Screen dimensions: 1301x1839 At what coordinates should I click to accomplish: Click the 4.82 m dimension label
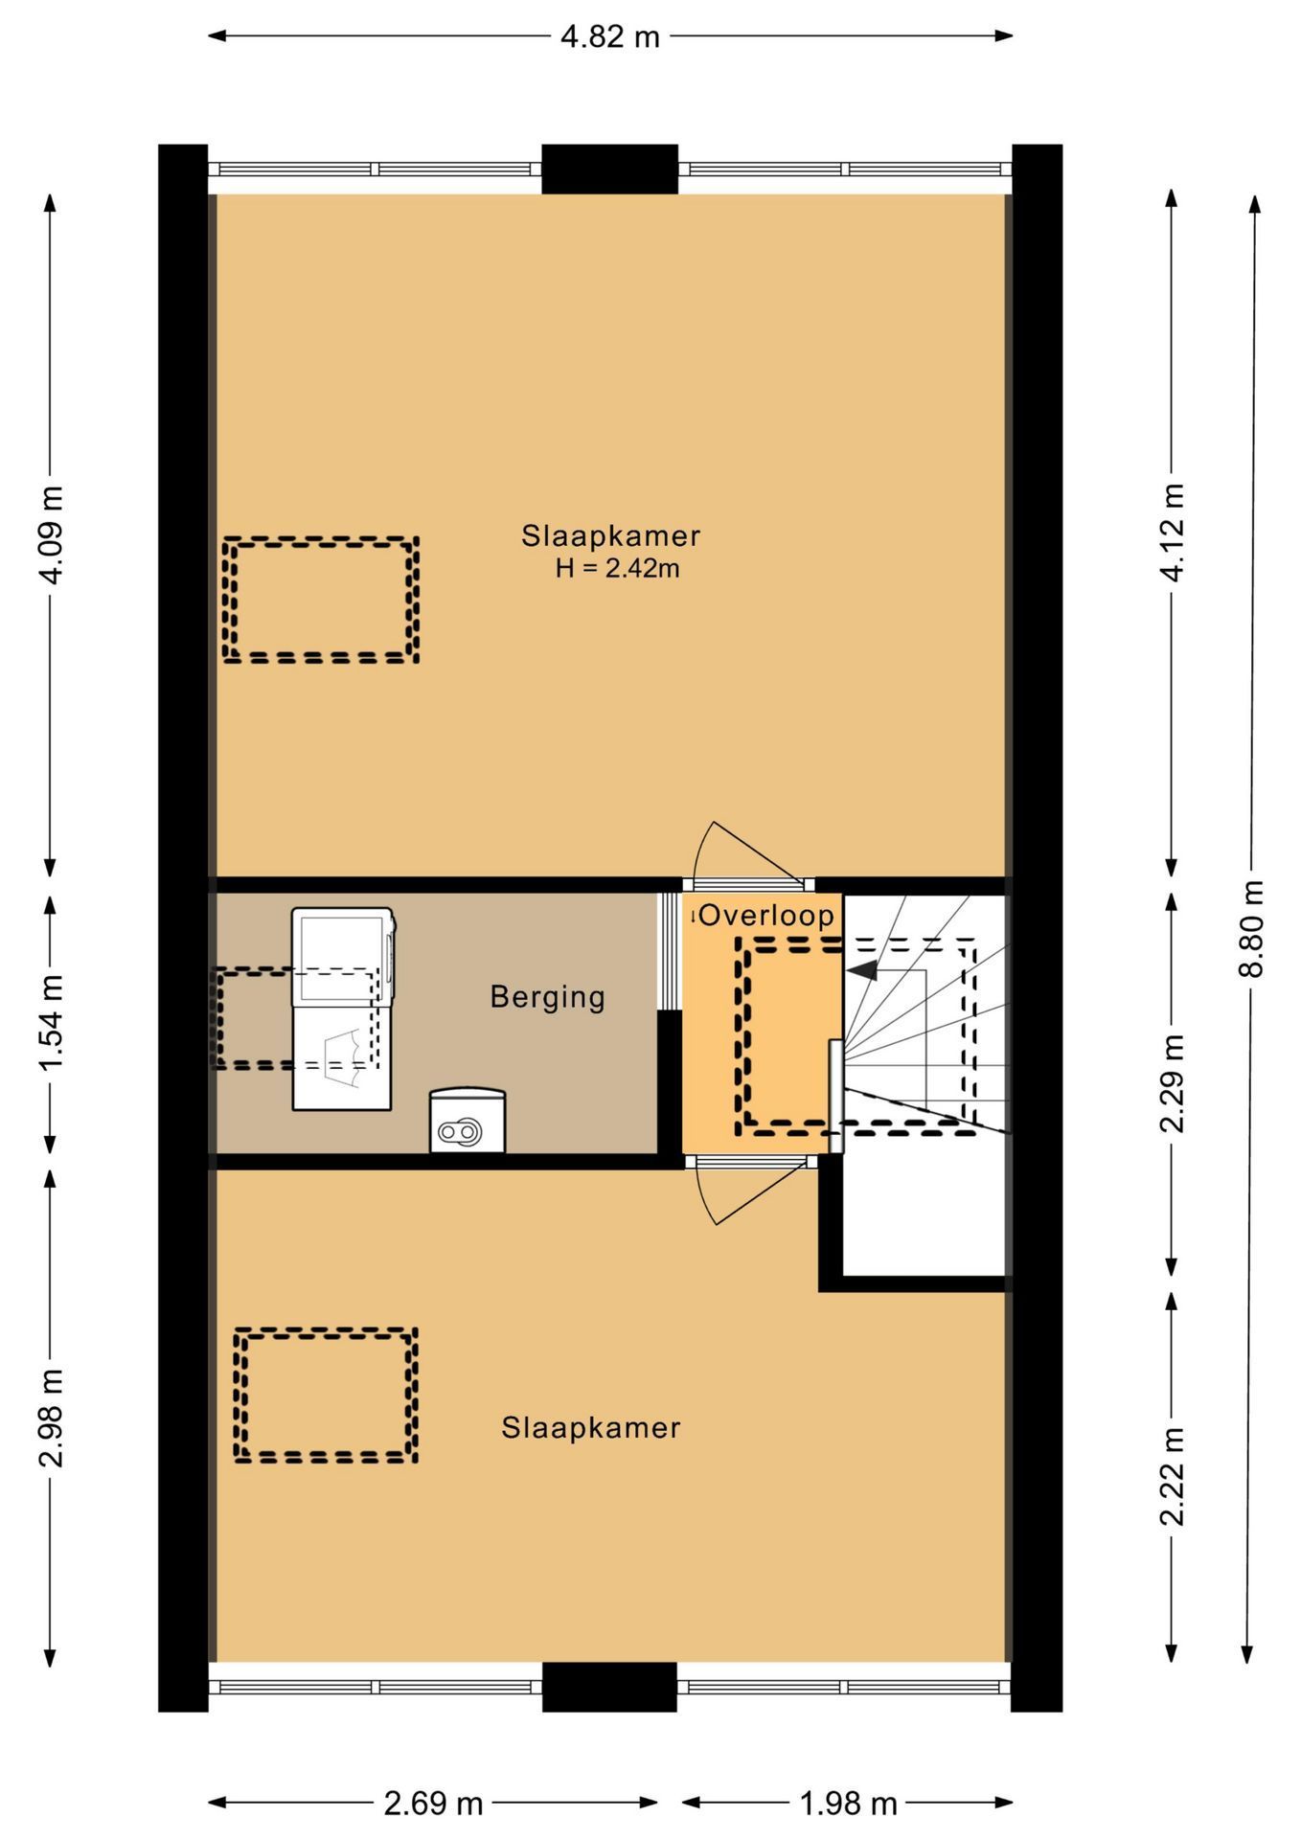coord(610,36)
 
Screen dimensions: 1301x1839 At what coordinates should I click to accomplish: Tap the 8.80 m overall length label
coord(1252,928)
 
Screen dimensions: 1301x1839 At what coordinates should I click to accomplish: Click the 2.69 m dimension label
coord(433,1804)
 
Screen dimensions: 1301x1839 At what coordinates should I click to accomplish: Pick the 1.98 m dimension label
coord(848,1804)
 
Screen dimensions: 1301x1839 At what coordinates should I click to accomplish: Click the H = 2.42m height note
coord(617,568)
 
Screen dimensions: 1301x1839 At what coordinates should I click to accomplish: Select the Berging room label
coord(547,997)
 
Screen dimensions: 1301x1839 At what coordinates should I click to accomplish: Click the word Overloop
coord(766,915)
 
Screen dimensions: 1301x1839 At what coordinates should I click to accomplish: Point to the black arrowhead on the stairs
coord(862,970)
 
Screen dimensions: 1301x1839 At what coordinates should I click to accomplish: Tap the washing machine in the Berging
coord(343,1009)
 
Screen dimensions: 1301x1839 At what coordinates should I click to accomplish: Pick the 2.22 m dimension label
coord(1172,1476)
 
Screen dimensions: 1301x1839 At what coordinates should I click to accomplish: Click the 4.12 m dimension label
coord(1172,532)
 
